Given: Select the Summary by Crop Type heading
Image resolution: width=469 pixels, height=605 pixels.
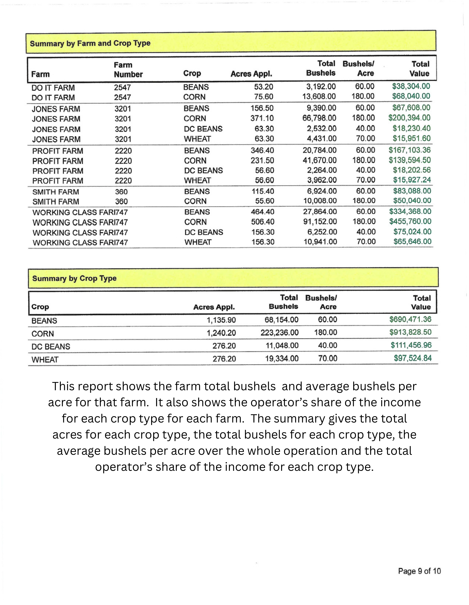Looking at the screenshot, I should coord(74,278).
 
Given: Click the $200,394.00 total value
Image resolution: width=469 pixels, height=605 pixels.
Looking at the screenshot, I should coord(409,118).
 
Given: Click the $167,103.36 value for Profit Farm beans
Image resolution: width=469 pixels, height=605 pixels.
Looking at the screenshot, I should coord(409,150).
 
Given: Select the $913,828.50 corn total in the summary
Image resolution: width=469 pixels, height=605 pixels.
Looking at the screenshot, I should coord(410,332).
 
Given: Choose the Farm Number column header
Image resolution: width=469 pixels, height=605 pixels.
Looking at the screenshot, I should coord(128,69).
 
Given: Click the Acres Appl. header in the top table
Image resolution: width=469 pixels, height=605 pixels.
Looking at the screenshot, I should coord(251,74).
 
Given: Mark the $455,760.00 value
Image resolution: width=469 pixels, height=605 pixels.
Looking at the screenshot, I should coord(410,221).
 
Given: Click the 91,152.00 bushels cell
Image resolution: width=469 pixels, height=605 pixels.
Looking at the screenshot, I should coord(320,222).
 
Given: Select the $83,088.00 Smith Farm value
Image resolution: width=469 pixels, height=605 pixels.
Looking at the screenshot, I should coord(412,191).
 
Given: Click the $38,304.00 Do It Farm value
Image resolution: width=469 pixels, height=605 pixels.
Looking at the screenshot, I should coord(411,86).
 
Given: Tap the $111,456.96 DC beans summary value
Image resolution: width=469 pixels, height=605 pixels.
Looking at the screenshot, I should coord(411,345).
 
